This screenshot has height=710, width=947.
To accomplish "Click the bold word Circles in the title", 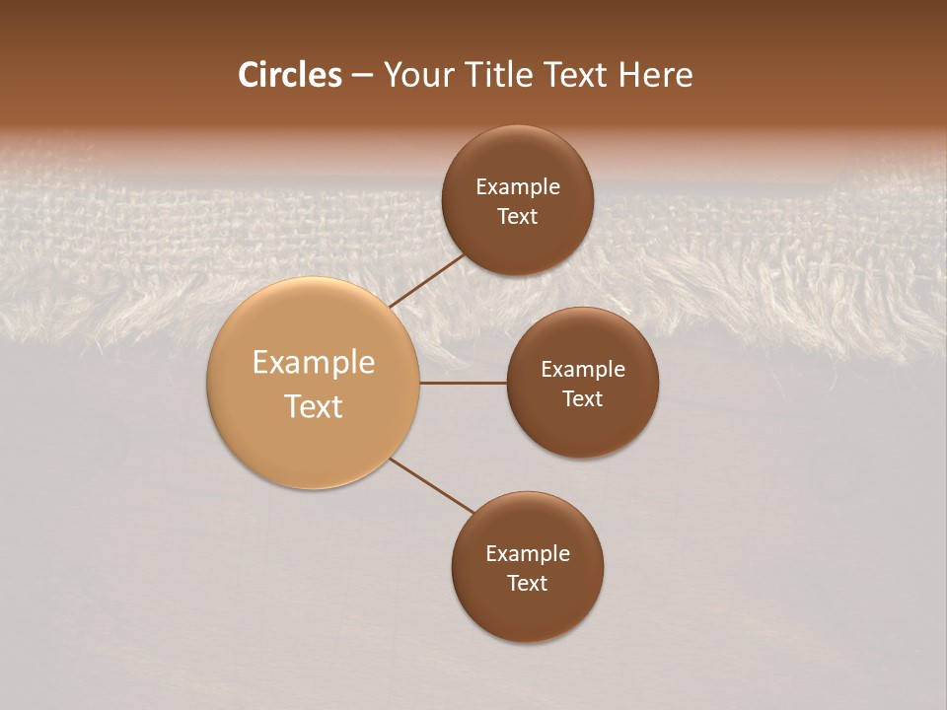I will point(289,75).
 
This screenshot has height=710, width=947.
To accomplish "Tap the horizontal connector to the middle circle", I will point(463,383).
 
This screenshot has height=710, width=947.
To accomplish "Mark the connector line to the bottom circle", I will point(432,485).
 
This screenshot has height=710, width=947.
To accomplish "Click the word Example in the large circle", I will point(313,363).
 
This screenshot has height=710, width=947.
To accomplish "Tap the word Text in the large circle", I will point(313,406).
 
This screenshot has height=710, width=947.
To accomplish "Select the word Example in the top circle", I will point(517,187).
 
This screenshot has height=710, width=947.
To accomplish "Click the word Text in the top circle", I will point(517,217).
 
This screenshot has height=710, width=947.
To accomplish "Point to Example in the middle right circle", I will point(582,370).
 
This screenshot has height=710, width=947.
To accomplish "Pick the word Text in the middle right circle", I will point(582,399).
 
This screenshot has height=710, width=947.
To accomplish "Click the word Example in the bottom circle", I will point(527,554).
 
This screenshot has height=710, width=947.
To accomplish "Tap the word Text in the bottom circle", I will point(527,584).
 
